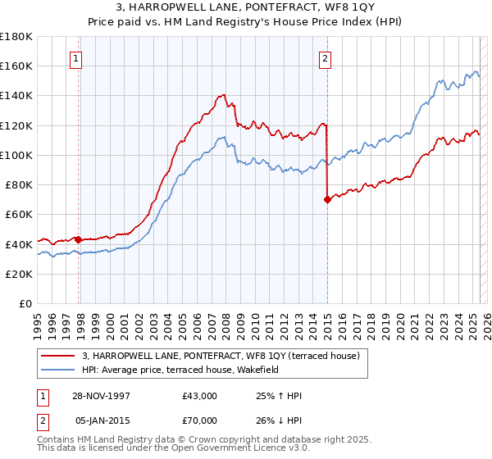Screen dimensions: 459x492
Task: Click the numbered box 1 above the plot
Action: (x=75, y=58)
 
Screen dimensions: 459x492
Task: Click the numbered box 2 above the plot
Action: (x=326, y=58)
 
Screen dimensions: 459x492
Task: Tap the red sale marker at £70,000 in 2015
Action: (x=327, y=199)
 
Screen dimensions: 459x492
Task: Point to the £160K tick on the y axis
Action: (x=16, y=66)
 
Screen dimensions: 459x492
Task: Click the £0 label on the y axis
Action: (x=26, y=303)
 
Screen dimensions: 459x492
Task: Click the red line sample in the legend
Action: (x=57, y=356)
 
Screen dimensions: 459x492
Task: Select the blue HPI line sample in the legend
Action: (x=57, y=370)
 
